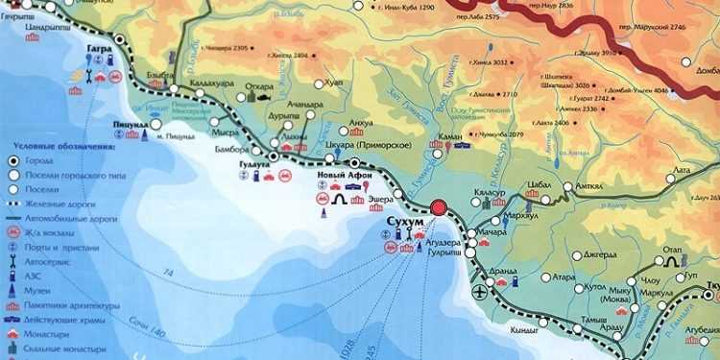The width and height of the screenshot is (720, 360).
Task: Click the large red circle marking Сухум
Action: [440, 208]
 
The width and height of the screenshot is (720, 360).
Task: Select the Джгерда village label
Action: [603, 254]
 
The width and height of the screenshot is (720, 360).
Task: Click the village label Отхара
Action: [260, 87]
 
